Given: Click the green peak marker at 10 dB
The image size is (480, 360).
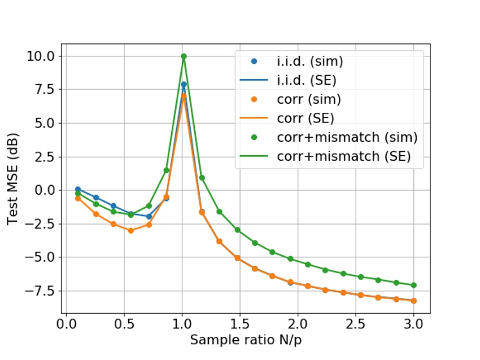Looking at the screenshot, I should (x=184, y=56).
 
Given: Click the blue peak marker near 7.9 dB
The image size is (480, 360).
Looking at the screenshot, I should (x=184, y=85).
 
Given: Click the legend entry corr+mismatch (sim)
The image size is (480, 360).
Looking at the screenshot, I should (x=347, y=138).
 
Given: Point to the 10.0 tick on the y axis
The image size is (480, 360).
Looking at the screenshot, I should (x=40, y=56).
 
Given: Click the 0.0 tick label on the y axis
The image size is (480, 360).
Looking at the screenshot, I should (x=43, y=190).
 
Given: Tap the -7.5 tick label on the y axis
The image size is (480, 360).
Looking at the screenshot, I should (x=40, y=291).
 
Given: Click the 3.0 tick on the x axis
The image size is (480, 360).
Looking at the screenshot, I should (x=413, y=325).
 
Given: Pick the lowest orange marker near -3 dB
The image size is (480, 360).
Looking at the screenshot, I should (x=130, y=230).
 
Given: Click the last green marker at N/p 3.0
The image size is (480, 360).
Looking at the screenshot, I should (x=413, y=285).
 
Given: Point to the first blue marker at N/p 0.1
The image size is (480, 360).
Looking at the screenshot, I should (x=78, y=190).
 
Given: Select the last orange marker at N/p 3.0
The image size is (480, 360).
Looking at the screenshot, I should (x=413, y=301).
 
